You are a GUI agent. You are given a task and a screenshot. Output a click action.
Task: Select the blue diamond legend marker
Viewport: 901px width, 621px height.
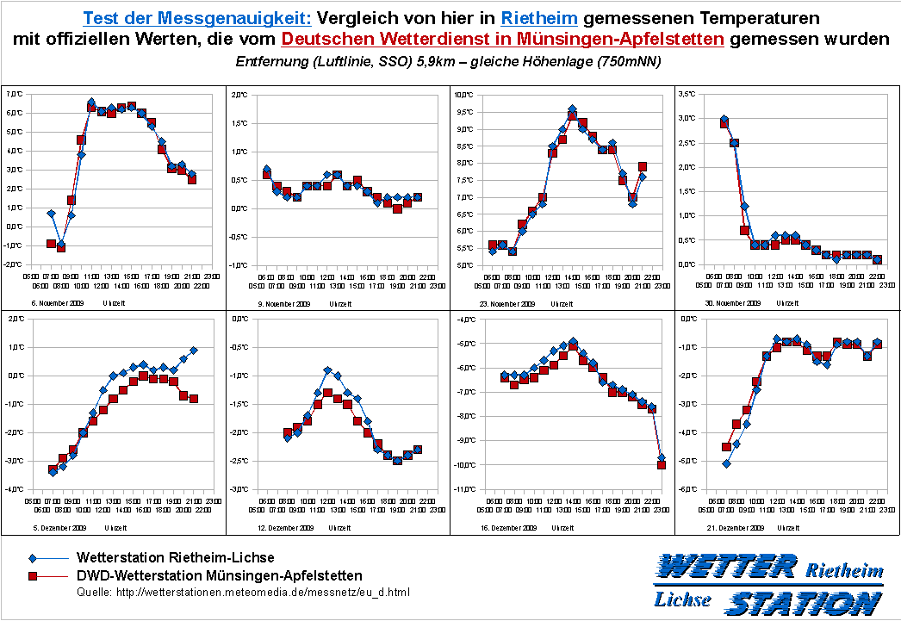click(33, 558)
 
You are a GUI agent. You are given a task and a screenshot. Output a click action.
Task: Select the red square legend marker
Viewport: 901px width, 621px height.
click(33, 574)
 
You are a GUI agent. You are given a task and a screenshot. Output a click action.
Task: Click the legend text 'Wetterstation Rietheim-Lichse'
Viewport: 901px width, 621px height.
click(176, 558)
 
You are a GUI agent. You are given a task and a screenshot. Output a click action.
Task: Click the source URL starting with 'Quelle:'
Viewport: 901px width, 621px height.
click(244, 593)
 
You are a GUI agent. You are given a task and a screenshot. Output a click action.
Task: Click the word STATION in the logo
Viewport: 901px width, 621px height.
click(802, 602)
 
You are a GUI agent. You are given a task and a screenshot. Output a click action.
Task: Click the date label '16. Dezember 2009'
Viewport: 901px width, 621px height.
click(508, 527)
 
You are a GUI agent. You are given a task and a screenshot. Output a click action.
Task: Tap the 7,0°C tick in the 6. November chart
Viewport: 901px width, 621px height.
click(15, 93)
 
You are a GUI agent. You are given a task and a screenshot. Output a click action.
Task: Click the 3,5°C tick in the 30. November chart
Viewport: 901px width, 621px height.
click(687, 93)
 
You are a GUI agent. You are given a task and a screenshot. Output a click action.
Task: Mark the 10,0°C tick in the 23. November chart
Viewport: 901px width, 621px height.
click(464, 93)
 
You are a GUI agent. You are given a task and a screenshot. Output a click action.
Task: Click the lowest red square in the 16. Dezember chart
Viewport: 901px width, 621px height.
click(662, 465)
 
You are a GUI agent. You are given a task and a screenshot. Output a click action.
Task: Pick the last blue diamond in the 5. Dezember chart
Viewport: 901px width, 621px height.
click(194, 350)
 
